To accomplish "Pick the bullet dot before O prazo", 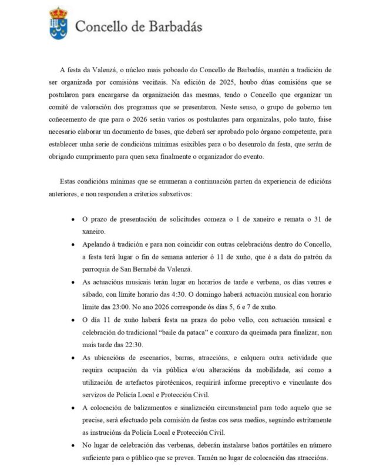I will click(x=72, y=220).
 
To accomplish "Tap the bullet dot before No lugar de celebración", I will click(x=72, y=445).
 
